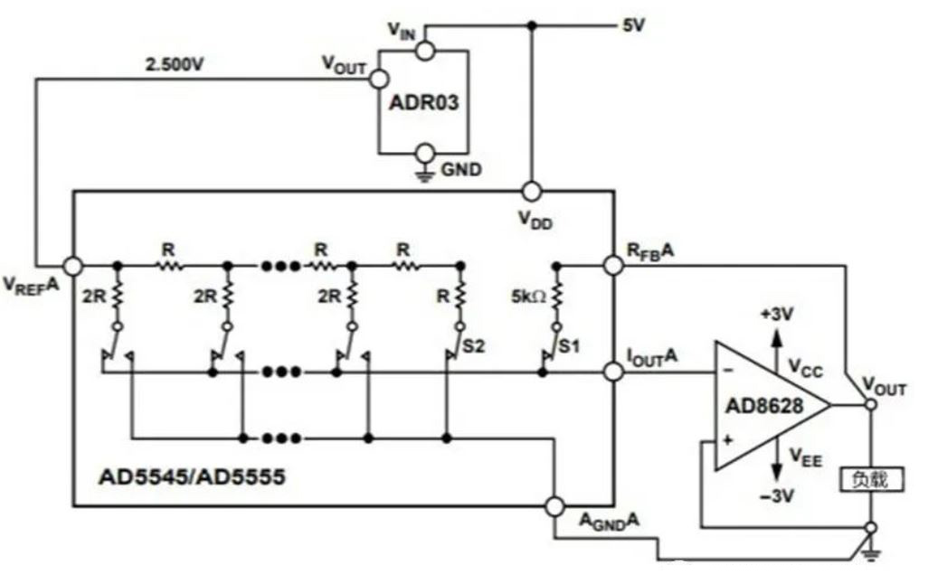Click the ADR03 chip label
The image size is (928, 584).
pyautogui.click(x=424, y=102)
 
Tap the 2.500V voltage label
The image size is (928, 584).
pyautogui.click(x=175, y=66)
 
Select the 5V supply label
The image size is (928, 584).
pyautogui.click(x=632, y=25)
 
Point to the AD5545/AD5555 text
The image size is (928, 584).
pyautogui.click(x=191, y=476)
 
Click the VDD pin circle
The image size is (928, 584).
pyautogui.click(x=532, y=192)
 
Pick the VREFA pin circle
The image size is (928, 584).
pyautogui.click(x=72, y=266)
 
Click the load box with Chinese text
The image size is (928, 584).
pyautogui.click(x=872, y=479)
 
